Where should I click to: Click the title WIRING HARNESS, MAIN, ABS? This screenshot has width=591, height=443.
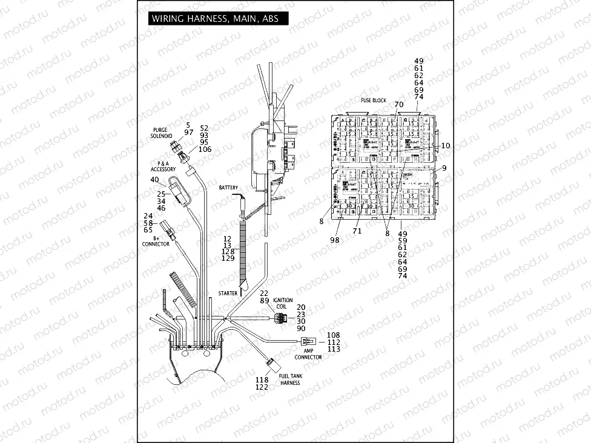(x=215, y=19)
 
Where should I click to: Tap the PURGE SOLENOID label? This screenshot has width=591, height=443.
(x=162, y=133)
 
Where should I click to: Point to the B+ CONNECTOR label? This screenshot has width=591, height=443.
(x=156, y=241)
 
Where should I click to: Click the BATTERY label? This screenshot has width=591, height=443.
(x=229, y=188)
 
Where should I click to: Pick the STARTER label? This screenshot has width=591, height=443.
(x=228, y=293)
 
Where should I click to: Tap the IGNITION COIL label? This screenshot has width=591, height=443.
(x=283, y=303)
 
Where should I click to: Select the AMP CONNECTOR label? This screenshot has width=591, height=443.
(x=308, y=354)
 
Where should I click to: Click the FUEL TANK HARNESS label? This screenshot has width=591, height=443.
(x=290, y=379)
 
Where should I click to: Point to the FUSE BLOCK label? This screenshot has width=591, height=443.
(x=374, y=100)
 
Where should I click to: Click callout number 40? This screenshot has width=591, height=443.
(x=154, y=180)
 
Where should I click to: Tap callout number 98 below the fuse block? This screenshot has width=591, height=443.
(x=335, y=240)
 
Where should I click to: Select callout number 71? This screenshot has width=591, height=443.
(x=357, y=231)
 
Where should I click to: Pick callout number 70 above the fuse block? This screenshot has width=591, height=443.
(x=398, y=104)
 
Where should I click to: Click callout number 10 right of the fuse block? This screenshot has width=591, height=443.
(x=446, y=146)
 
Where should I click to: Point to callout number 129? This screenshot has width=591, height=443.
(x=228, y=258)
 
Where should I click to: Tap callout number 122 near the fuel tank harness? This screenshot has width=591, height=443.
(x=262, y=387)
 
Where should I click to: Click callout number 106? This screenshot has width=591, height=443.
(x=205, y=149)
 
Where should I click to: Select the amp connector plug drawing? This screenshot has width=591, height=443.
(x=311, y=341)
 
